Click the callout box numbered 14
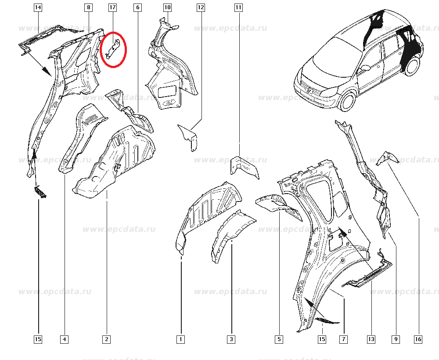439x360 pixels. point(38,7)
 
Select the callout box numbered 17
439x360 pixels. point(112,7)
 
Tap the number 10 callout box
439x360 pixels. point(167,7)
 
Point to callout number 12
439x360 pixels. point(201,7)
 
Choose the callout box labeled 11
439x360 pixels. point(238,7)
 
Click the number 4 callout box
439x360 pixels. point(65,339)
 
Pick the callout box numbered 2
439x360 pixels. point(107,339)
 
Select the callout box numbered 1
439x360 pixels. point(180,339)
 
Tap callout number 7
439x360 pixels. point(344,339)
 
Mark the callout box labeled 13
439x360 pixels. point(371,339)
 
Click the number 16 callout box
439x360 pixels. point(418,339)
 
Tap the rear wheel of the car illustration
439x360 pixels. point(412,66)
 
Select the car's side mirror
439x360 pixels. point(365,68)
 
